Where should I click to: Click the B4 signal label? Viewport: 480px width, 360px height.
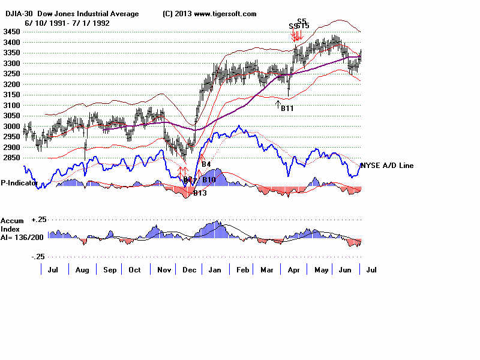(206, 164)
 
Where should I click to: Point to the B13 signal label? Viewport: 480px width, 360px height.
(199, 193)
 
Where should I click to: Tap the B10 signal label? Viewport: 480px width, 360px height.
(209, 180)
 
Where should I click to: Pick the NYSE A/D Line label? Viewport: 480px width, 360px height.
(386, 166)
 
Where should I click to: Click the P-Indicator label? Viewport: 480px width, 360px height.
(17, 183)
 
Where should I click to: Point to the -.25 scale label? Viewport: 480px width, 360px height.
(37, 256)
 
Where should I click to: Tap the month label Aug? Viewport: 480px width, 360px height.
(82, 270)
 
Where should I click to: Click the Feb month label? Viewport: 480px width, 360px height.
(242, 270)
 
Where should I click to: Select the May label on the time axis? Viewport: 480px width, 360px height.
(322, 270)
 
